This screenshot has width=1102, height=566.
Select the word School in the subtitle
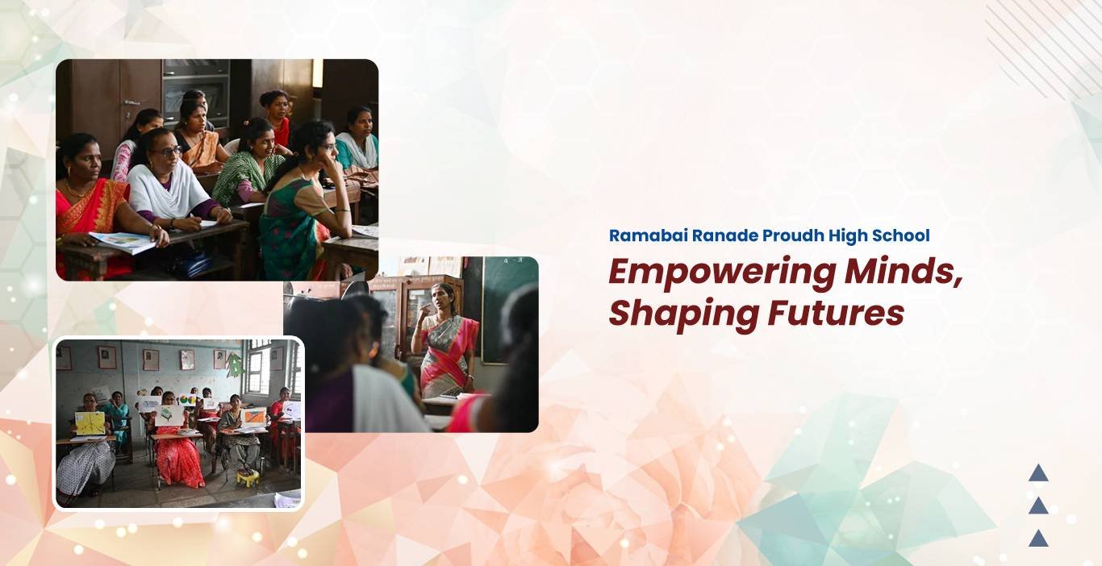click(901, 235)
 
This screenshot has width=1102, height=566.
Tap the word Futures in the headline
click(836, 314)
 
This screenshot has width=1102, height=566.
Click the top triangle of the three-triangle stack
click(1038, 472)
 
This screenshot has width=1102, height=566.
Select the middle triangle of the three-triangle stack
click(1038, 506)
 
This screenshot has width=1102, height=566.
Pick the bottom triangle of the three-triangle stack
click(1038, 538)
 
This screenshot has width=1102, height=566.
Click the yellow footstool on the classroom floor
click(248, 477)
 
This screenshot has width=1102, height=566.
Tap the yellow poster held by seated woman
click(90, 423)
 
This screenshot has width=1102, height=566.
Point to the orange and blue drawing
click(254, 417)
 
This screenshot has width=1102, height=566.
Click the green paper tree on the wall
click(235, 365)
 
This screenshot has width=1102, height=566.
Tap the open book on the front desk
click(123, 241)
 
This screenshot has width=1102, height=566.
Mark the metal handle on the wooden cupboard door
click(131, 102)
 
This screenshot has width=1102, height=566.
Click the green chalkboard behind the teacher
click(508, 309)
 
